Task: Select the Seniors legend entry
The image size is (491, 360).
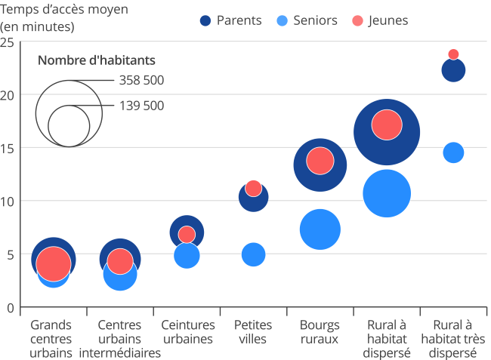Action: (308, 20)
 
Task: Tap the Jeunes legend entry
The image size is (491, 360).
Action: (381, 20)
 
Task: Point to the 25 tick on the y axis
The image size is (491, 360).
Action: (8, 42)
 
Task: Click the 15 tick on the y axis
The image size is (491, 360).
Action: (8, 148)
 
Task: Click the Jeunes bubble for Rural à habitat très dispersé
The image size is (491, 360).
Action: (453, 54)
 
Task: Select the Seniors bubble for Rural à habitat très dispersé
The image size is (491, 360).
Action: (453, 152)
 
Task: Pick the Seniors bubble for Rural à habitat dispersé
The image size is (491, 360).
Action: (387, 194)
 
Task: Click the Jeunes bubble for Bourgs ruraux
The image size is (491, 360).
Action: (320, 160)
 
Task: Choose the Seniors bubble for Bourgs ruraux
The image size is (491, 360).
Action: (320, 229)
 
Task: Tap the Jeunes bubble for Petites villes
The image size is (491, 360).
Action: (254, 188)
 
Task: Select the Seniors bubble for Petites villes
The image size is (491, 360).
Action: (254, 254)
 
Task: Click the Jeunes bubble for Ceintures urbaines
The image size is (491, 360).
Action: (187, 234)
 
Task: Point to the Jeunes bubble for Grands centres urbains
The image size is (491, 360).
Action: (54, 263)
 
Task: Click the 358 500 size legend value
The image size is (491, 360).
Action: (141, 81)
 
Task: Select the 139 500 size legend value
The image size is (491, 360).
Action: (141, 106)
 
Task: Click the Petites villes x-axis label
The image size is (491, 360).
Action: (254, 331)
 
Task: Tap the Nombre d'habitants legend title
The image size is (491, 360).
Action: (97, 60)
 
